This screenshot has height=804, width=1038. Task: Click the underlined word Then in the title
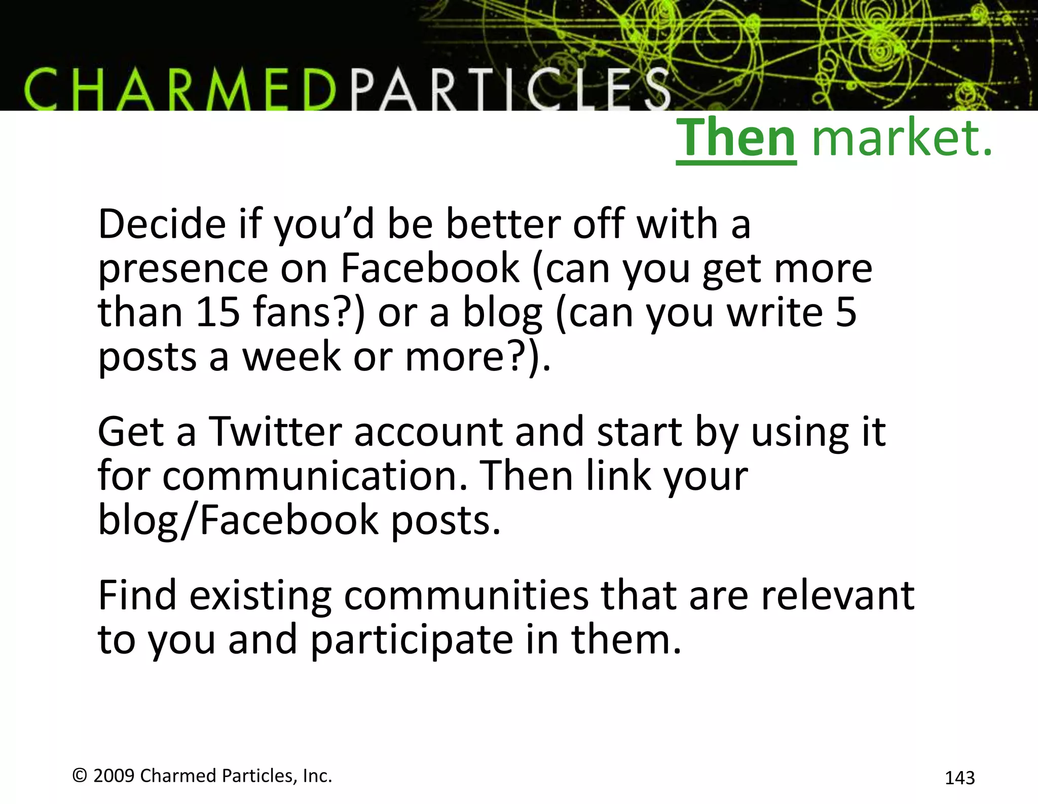736,138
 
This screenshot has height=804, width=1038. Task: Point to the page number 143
959,778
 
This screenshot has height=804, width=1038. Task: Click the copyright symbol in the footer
80,775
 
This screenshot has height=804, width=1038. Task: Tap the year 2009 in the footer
114,776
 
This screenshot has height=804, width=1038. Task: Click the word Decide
162,224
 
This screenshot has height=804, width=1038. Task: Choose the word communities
466,595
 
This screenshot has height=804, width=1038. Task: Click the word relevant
837,595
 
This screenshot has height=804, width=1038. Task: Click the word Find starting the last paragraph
137,595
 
